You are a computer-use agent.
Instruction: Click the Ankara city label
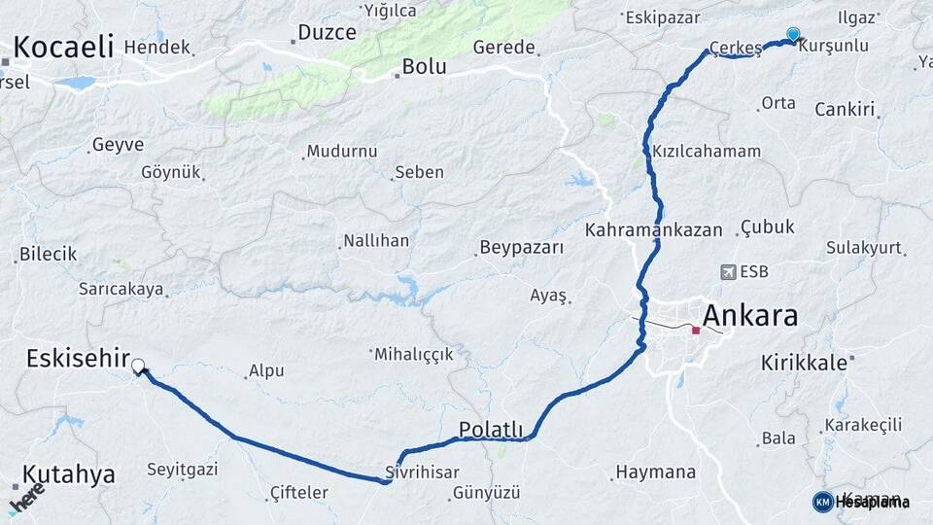pyautogui.click(x=749, y=315)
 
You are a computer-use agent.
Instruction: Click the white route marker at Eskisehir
pyautogui.click(x=138, y=367)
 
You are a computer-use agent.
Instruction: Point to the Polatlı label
pyautogui.click(x=491, y=429)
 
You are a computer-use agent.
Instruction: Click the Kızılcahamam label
pyautogui.click(x=707, y=152)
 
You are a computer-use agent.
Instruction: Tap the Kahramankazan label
pyautogui.click(x=653, y=230)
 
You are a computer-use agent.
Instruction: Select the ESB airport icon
pyautogui.click(x=728, y=271)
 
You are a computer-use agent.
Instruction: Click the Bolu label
pyautogui.click(x=425, y=67)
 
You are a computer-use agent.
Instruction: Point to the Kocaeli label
pyautogui.click(x=64, y=46)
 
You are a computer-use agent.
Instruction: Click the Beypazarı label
pyautogui.click(x=522, y=247)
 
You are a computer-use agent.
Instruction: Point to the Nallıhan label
pyautogui.click(x=376, y=240)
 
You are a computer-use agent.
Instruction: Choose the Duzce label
pyautogui.click(x=328, y=32)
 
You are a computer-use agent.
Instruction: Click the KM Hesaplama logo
pyautogui.click(x=862, y=502)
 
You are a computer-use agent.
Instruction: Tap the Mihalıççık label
pyautogui.click(x=414, y=354)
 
